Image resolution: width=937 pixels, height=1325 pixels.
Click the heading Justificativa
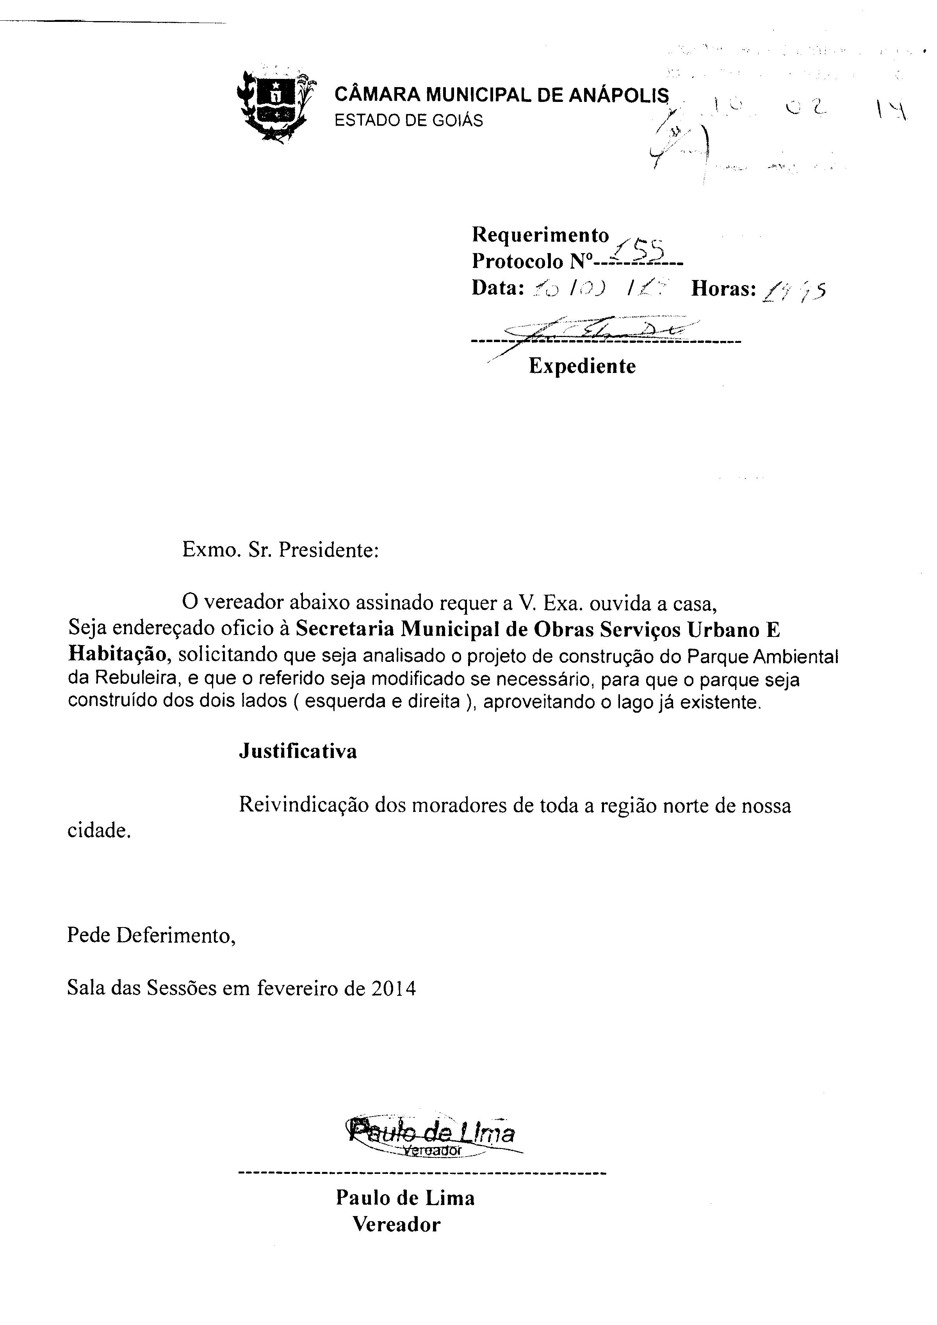pyautogui.click(x=298, y=751)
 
